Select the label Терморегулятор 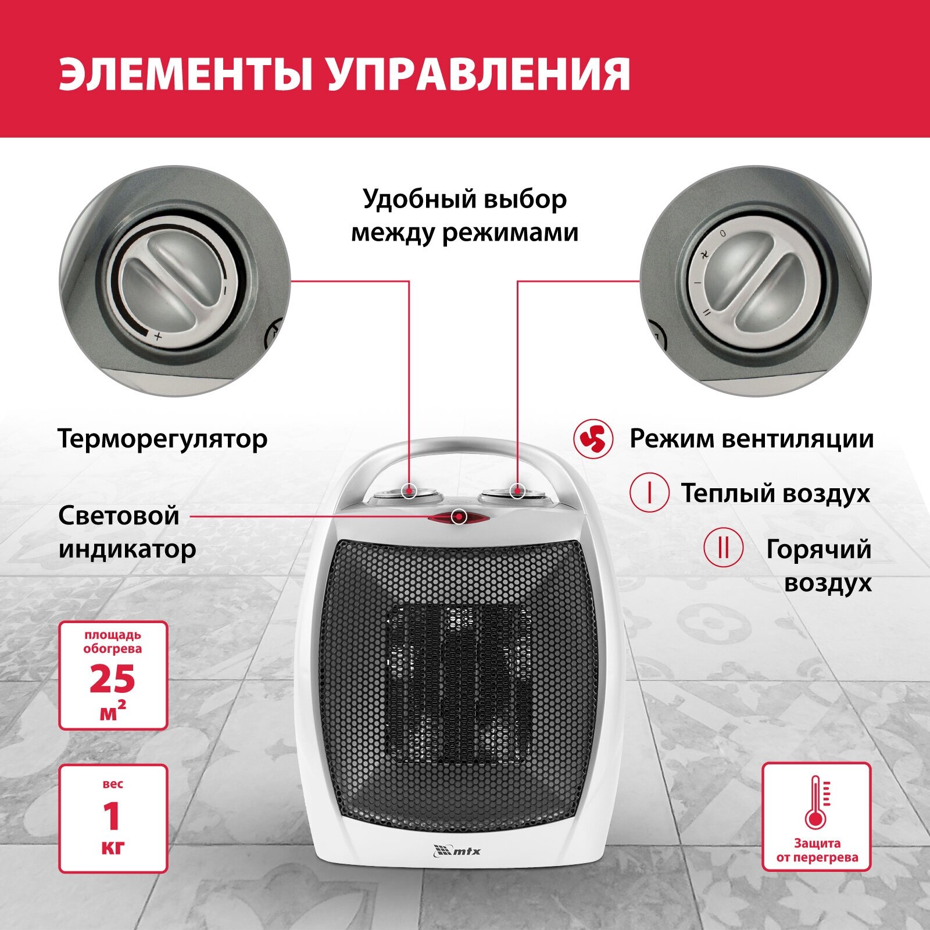163,439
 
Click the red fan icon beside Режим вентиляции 593,439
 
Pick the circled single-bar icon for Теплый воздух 649,492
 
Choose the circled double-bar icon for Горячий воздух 723,548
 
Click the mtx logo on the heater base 457,851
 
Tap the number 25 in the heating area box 112,679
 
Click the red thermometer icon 817,802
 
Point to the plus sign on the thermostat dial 157,337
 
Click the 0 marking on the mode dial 723,233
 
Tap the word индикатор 127,549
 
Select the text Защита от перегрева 817,850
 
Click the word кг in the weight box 112,847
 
